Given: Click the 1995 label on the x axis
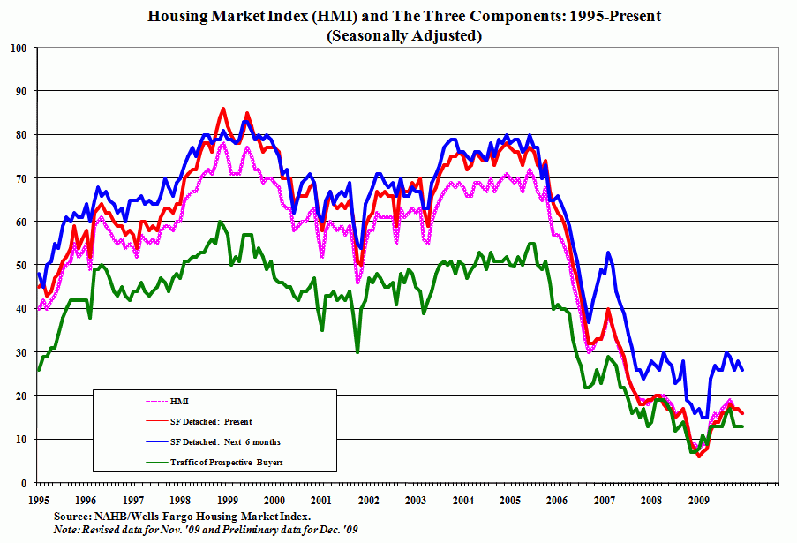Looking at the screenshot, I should (37, 499).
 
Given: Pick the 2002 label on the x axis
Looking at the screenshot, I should (368, 499).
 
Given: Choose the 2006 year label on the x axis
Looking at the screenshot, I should (557, 499).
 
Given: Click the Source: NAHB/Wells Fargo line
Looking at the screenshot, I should (182, 515).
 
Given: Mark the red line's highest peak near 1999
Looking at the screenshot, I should (222, 109).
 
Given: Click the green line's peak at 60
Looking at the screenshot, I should (220, 222).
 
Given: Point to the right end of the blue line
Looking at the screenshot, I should (742, 370).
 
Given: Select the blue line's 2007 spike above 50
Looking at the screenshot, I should (608, 253).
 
